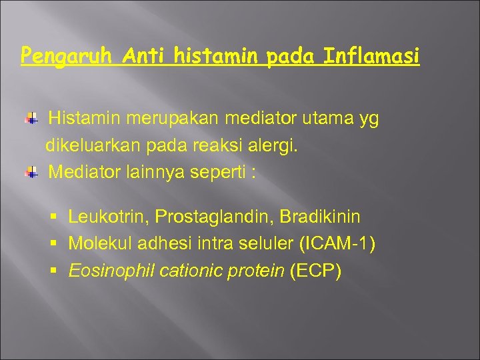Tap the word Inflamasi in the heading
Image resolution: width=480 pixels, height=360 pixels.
371,55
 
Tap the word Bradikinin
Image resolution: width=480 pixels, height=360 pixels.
320,217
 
